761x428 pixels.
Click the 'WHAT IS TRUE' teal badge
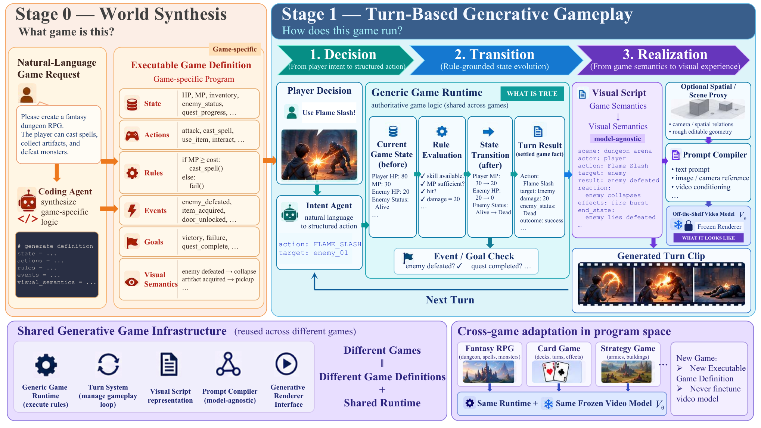click(x=532, y=94)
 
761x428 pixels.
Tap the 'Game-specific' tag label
click(x=234, y=49)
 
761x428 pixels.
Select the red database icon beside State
click(x=132, y=104)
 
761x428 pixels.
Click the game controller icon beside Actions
click(x=132, y=135)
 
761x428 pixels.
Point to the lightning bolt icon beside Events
click(x=132, y=210)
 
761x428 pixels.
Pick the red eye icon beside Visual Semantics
click(x=131, y=282)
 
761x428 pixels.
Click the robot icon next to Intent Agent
click(x=290, y=213)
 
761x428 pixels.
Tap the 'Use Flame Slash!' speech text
click(x=329, y=113)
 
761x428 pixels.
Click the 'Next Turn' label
click(x=450, y=300)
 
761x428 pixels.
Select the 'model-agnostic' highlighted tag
click(x=617, y=139)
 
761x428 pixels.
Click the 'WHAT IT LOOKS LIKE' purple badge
click(x=708, y=238)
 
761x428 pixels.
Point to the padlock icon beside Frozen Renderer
click(x=689, y=225)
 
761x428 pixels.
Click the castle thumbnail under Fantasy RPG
click(x=488, y=372)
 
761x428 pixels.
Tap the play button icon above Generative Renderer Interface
click(x=286, y=364)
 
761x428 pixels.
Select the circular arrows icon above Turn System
click(x=108, y=364)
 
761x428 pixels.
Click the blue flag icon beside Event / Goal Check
click(x=408, y=257)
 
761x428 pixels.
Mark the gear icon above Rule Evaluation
click(x=442, y=131)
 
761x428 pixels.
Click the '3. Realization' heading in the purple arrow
click(x=665, y=54)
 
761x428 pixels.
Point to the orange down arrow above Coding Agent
click(x=57, y=172)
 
